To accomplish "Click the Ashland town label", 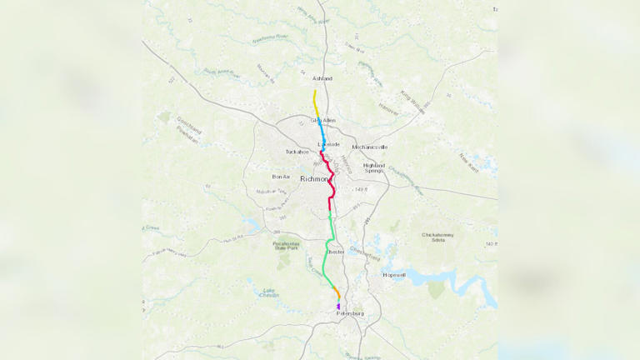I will pos(322,78).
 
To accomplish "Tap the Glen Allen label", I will pos(323,121).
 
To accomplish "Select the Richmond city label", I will pos(315,178).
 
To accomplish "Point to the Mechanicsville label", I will pos(370,147).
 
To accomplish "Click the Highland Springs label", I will pos(373,167).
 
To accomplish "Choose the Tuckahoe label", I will pos(297,152).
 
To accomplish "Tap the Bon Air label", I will pos(282,177).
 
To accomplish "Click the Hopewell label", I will pos(393,274).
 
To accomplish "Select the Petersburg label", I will pos(350,313).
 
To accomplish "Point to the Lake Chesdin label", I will pos(268,292).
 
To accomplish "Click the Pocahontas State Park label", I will pos(286,247).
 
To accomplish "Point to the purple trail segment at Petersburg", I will pos(338,307).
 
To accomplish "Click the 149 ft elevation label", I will pos(361,190).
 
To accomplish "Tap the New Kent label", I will pos(467,157).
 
